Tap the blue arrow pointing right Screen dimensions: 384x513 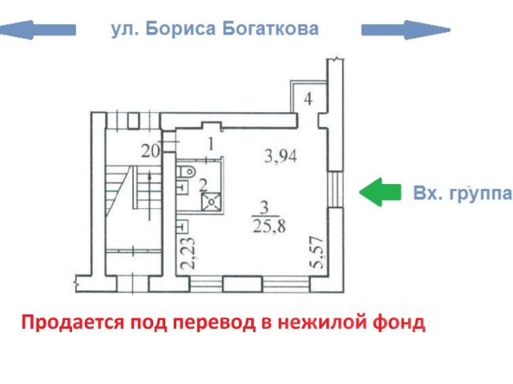(405, 30)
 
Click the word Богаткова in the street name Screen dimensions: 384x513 (267, 30)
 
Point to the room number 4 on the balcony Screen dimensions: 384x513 (309, 99)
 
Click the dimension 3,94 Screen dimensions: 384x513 (281, 156)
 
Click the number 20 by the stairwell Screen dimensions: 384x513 (150, 150)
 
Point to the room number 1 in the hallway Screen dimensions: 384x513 (210, 145)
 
